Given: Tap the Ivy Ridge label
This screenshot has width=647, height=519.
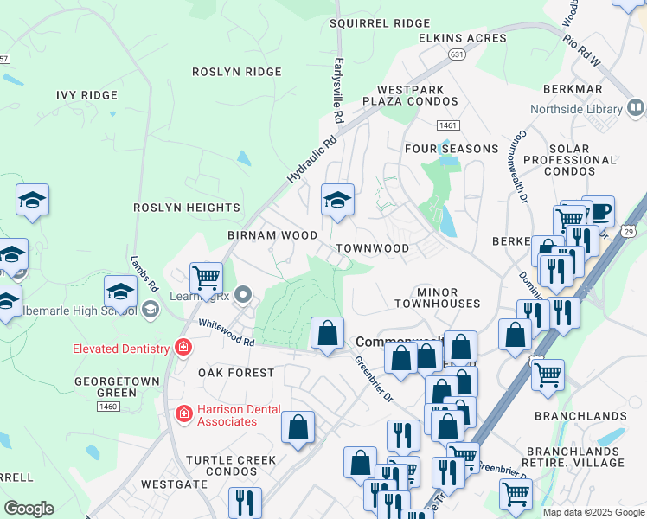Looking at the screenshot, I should pyautogui.click(x=86, y=95).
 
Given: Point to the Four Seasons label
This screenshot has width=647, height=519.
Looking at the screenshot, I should pyautogui.click(x=452, y=149).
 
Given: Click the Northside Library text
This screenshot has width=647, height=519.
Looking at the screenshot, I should pyautogui.click(x=575, y=109).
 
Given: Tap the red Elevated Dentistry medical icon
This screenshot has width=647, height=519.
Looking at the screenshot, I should pyautogui.click(x=183, y=349).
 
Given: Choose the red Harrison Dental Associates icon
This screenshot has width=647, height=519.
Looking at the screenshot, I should pyautogui.click(x=183, y=414).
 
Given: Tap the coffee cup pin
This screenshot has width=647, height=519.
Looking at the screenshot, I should pyautogui.click(x=598, y=211).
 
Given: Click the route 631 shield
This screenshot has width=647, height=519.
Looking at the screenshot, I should pyautogui.click(x=456, y=54).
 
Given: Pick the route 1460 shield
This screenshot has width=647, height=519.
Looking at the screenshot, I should pyautogui.click(x=107, y=406).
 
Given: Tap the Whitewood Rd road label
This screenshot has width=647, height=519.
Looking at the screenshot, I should pyautogui.click(x=226, y=332).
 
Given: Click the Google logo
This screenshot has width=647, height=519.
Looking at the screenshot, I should pyautogui.click(x=29, y=508).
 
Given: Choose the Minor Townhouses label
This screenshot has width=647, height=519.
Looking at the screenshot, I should pyautogui.click(x=437, y=298).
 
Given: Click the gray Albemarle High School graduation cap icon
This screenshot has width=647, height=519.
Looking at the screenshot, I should pyautogui.click(x=151, y=309).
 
